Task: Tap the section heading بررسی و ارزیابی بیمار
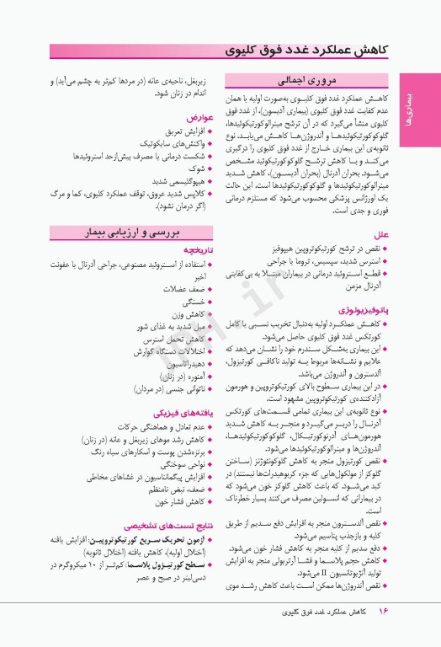point(130,232)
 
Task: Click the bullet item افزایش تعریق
point(185,132)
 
